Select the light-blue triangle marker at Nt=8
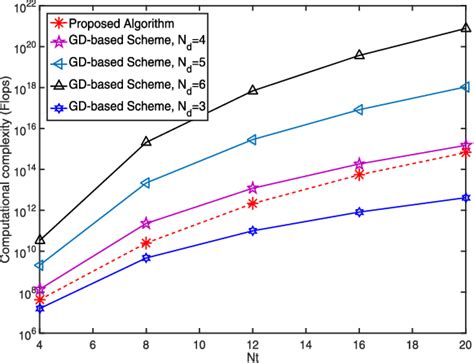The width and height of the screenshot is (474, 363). [x=147, y=183]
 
